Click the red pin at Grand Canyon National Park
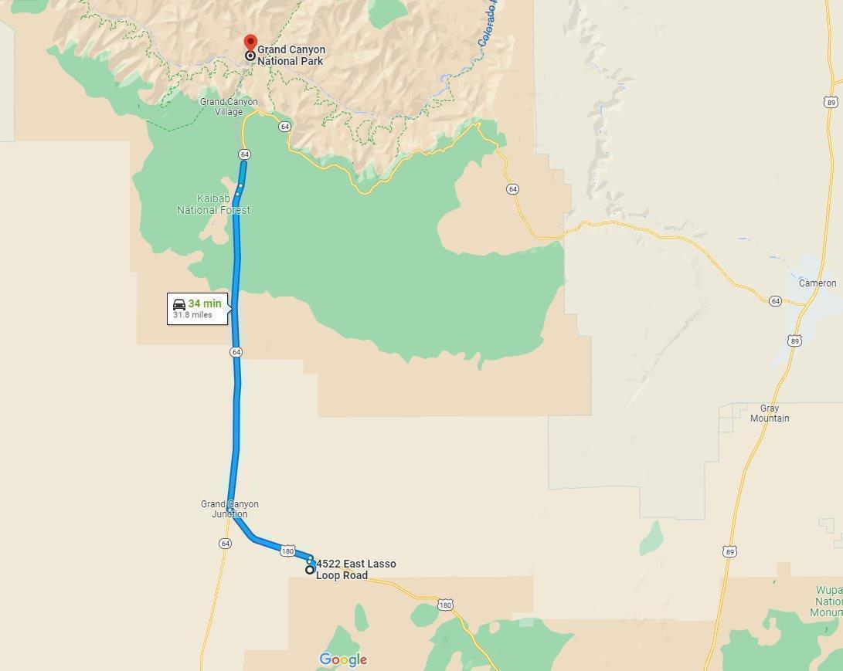pyautogui.click(x=250, y=43)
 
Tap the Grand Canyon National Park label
pyautogui.click(x=291, y=55)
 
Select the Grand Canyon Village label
pyautogui.click(x=229, y=107)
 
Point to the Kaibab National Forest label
pyautogui.click(x=213, y=205)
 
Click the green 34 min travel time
pyautogui.click(x=204, y=303)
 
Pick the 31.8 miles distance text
pyautogui.click(x=192, y=315)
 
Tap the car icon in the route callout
pyautogui.click(x=179, y=304)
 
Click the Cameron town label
pyautogui.click(x=818, y=283)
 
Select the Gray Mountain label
pyautogui.click(x=770, y=413)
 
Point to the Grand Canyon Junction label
pyautogui.click(x=229, y=509)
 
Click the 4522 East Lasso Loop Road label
pyautogui.click(x=355, y=570)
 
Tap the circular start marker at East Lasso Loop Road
pyautogui.click(x=310, y=570)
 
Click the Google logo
pyautogui.click(x=343, y=659)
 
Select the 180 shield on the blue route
pyautogui.click(x=287, y=551)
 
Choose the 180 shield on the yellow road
pyautogui.click(x=445, y=605)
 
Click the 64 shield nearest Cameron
pyautogui.click(x=775, y=300)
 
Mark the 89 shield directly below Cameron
pyautogui.click(x=795, y=341)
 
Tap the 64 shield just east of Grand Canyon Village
pyautogui.click(x=284, y=126)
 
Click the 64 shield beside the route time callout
pyautogui.click(x=236, y=351)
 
